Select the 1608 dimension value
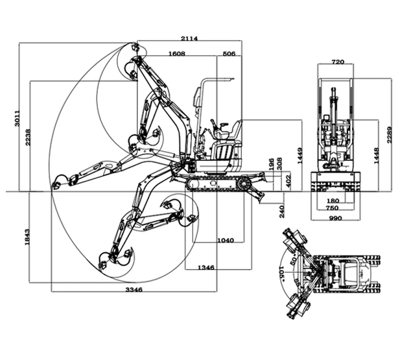coord(176,53)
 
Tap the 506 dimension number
coord(228,53)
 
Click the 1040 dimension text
coord(226,240)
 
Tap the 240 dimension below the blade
coord(282,211)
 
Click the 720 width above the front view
coord(337,63)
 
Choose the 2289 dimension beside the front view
coord(389,134)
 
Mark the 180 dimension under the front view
coord(334,200)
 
